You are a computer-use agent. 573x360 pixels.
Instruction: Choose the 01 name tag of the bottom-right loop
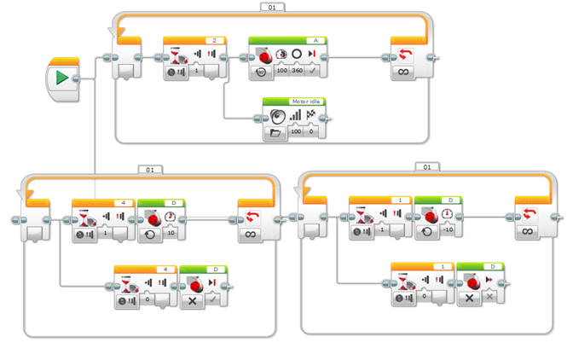[425, 168]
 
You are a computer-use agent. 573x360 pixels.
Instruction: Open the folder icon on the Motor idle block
[275, 133]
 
